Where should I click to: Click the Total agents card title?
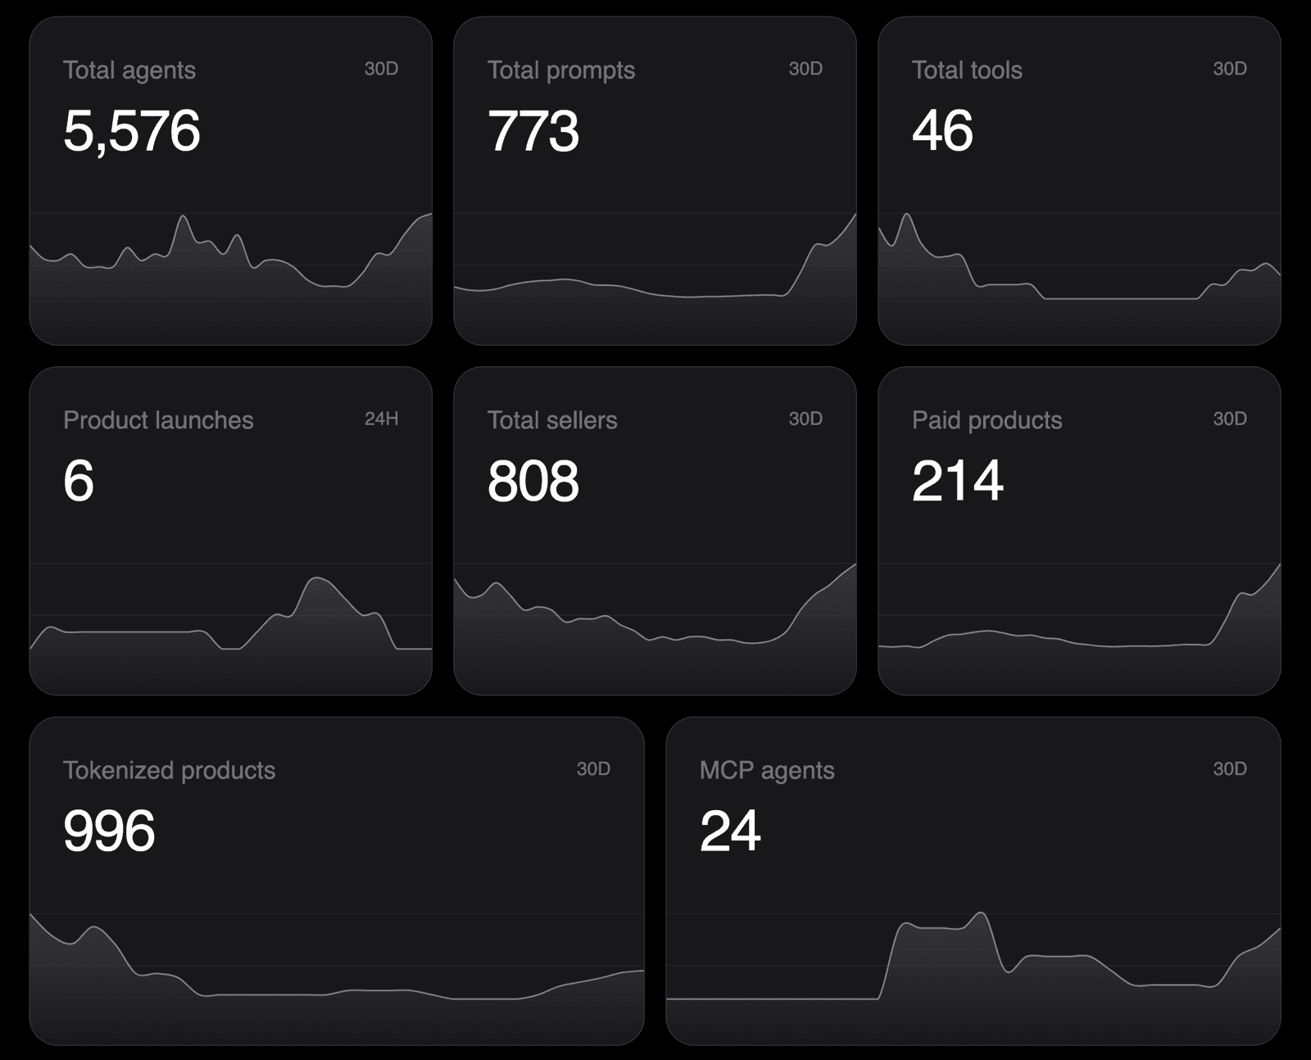click(129, 70)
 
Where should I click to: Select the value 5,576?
click(132, 131)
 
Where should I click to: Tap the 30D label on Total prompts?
click(805, 68)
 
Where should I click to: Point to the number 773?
click(533, 131)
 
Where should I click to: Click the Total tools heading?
click(967, 70)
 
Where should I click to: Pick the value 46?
click(942, 130)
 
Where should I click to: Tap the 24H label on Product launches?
click(381, 419)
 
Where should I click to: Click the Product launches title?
click(158, 420)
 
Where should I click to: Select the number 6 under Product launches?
click(78, 481)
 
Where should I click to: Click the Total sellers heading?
click(552, 420)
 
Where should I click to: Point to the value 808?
click(533, 481)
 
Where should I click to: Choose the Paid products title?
click(987, 421)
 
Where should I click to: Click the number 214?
click(958, 481)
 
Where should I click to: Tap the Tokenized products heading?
click(170, 771)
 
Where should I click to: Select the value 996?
click(109, 831)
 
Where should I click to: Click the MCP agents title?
click(767, 771)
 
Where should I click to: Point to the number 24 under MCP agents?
click(730, 831)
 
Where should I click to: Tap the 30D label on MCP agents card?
click(1230, 769)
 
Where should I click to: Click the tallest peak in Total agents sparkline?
click(183, 216)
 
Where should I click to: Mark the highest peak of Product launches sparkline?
click(318, 578)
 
